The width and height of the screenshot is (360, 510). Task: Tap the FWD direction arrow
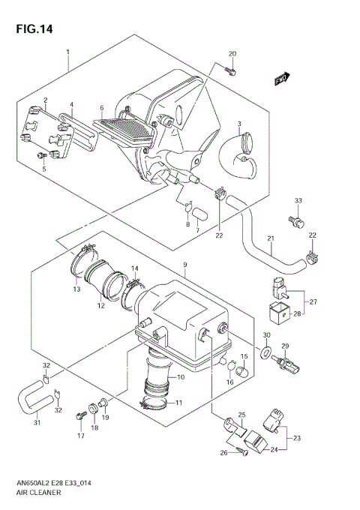pyautogui.click(x=281, y=79)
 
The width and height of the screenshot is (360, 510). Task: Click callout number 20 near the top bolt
pyautogui.click(x=232, y=54)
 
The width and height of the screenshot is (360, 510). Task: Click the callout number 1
pyautogui.click(x=67, y=52)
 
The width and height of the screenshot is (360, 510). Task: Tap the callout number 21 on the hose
pyautogui.click(x=271, y=239)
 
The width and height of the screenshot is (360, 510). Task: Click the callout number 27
pyautogui.click(x=313, y=301)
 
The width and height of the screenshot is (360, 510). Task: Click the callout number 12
pyautogui.click(x=100, y=305)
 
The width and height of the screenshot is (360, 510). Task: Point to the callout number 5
pyautogui.click(x=43, y=169)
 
